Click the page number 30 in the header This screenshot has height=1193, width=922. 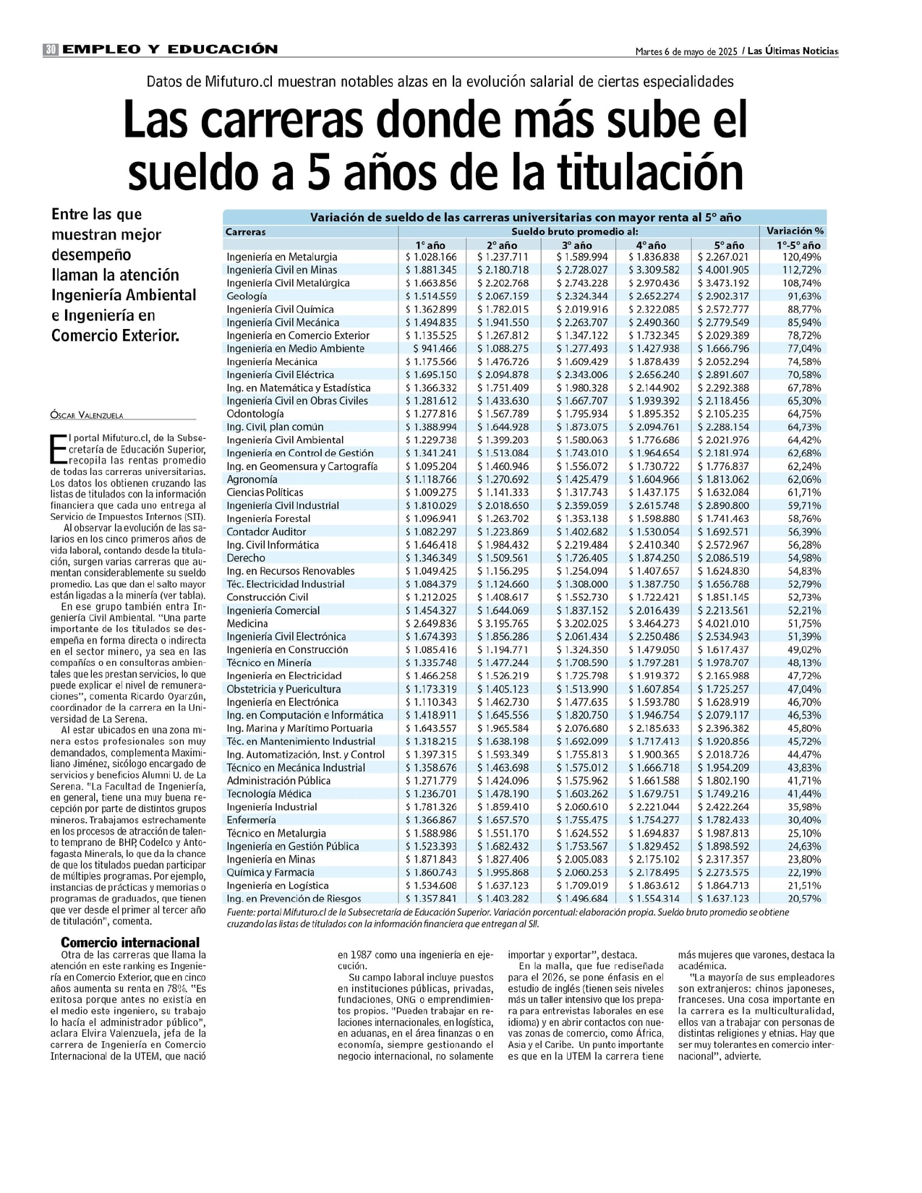pyautogui.click(x=51, y=50)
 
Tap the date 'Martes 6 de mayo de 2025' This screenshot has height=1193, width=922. pyautogui.click(x=686, y=51)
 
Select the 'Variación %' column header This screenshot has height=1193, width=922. pyautogui.click(x=795, y=231)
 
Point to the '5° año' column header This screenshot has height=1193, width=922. pyautogui.click(x=729, y=245)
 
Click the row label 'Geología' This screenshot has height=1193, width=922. pyautogui.click(x=247, y=296)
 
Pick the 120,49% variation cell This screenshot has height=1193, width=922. pyautogui.click(x=801, y=257)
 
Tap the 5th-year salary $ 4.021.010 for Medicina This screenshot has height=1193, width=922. pyautogui.click(x=723, y=623)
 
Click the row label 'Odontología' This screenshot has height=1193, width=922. pyautogui.click(x=255, y=414)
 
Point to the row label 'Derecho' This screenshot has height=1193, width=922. pyautogui.click(x=246, y=557)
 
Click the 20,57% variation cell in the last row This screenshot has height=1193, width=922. pyautogui.click(x=804, y=898)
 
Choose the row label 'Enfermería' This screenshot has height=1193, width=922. pyautogui.click(x=251, y=820)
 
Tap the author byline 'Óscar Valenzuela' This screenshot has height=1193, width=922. pyautogui.click(x=87, y=415)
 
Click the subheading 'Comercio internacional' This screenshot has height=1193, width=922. pyautogui.click(x=130, y=942)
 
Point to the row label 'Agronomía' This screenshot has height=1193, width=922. pyautogui.click(x=252, y=479)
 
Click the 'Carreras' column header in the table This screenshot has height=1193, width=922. pyautogui.click(x=246, y=232)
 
